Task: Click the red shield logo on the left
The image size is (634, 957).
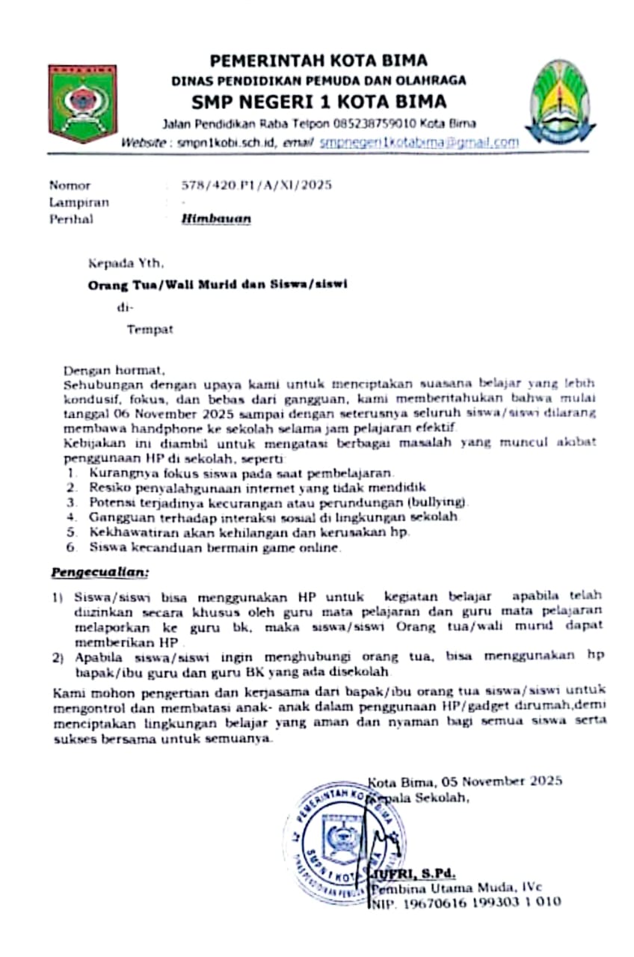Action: click(82, 103)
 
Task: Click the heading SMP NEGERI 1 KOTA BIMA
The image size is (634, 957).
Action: click(318, 101)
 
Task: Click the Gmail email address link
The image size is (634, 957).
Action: click(419, 141)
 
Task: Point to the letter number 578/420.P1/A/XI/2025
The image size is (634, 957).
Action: click(257, 185)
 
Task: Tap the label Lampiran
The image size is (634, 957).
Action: click(79, 202)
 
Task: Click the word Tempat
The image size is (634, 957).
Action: click(150, 329)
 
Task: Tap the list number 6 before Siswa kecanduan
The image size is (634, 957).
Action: click(70, 547)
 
